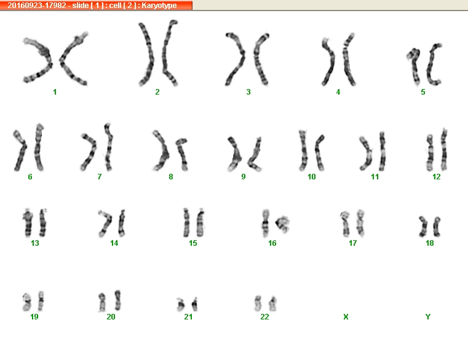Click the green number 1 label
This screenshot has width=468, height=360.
55,92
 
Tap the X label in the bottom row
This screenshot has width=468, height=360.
346,317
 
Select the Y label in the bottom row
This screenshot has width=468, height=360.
428,317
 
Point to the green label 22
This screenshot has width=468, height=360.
264,317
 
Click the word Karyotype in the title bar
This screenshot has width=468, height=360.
159,6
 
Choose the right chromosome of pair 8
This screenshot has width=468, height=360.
182,154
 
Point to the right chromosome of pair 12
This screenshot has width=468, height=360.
444,149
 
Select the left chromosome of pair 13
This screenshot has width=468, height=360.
28,223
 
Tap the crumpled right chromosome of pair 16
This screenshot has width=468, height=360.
282,224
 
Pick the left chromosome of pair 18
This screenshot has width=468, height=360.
424,227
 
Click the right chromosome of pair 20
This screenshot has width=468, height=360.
118,300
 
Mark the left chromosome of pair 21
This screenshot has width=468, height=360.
181,305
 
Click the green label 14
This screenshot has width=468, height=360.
114,243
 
